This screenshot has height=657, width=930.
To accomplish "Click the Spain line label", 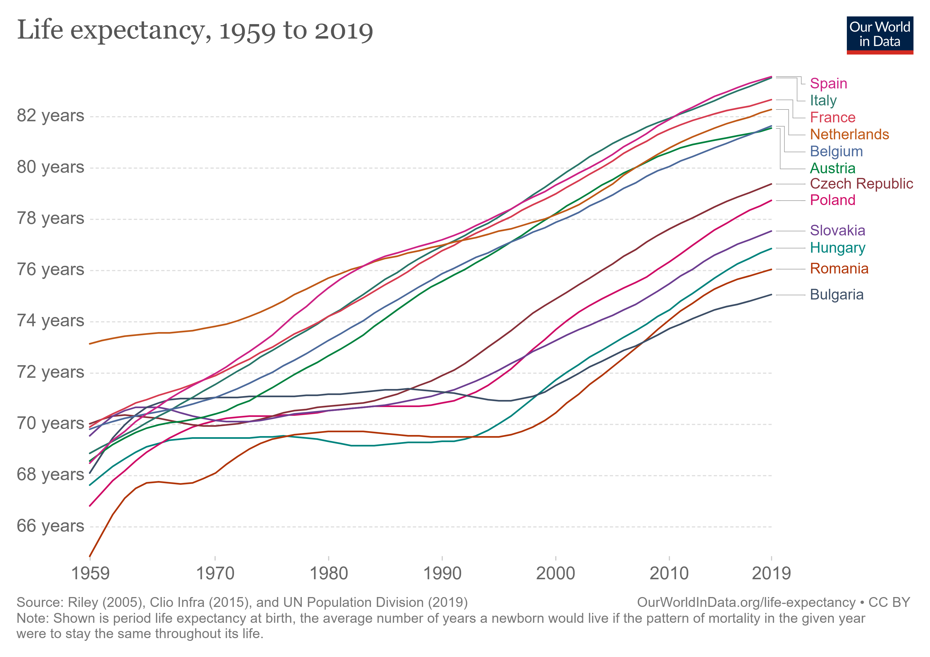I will (828, 83).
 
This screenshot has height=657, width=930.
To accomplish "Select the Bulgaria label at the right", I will (836, 295).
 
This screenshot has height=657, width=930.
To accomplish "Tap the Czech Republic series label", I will (861, 184).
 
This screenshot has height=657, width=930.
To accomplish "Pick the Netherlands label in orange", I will (849, 134).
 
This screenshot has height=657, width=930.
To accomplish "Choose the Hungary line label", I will (837, 248).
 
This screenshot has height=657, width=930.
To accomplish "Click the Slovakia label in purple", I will (837, 230).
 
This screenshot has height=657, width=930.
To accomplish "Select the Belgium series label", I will (836, 151).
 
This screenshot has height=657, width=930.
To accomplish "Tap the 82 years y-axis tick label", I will (50, 116).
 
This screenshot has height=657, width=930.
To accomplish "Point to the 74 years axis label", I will (50, 321).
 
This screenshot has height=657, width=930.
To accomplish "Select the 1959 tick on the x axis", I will (90, 573).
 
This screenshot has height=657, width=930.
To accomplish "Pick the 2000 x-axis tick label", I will (555, 573).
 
